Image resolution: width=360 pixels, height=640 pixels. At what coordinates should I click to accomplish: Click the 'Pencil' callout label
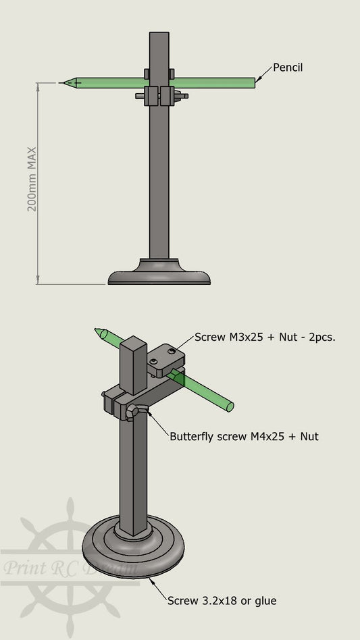(288, 68)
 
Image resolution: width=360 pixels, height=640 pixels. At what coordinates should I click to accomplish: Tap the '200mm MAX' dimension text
(32, 180)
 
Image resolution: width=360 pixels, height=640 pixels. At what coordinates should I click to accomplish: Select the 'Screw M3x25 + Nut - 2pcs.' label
(265, 336)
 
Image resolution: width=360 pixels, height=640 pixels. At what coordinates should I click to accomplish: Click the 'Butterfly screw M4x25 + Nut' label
(244, 436)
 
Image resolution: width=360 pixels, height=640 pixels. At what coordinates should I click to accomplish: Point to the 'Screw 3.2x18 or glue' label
(222, 600)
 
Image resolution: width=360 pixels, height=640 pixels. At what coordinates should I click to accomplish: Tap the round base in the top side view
(159, 273)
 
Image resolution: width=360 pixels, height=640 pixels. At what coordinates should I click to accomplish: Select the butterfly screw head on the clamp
(135, 411)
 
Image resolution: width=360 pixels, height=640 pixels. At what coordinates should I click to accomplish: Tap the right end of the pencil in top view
(253, 82)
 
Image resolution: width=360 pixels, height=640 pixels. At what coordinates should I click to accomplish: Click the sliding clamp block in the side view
(159, 95)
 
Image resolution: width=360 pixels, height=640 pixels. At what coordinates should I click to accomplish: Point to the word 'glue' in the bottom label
(265, 600)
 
